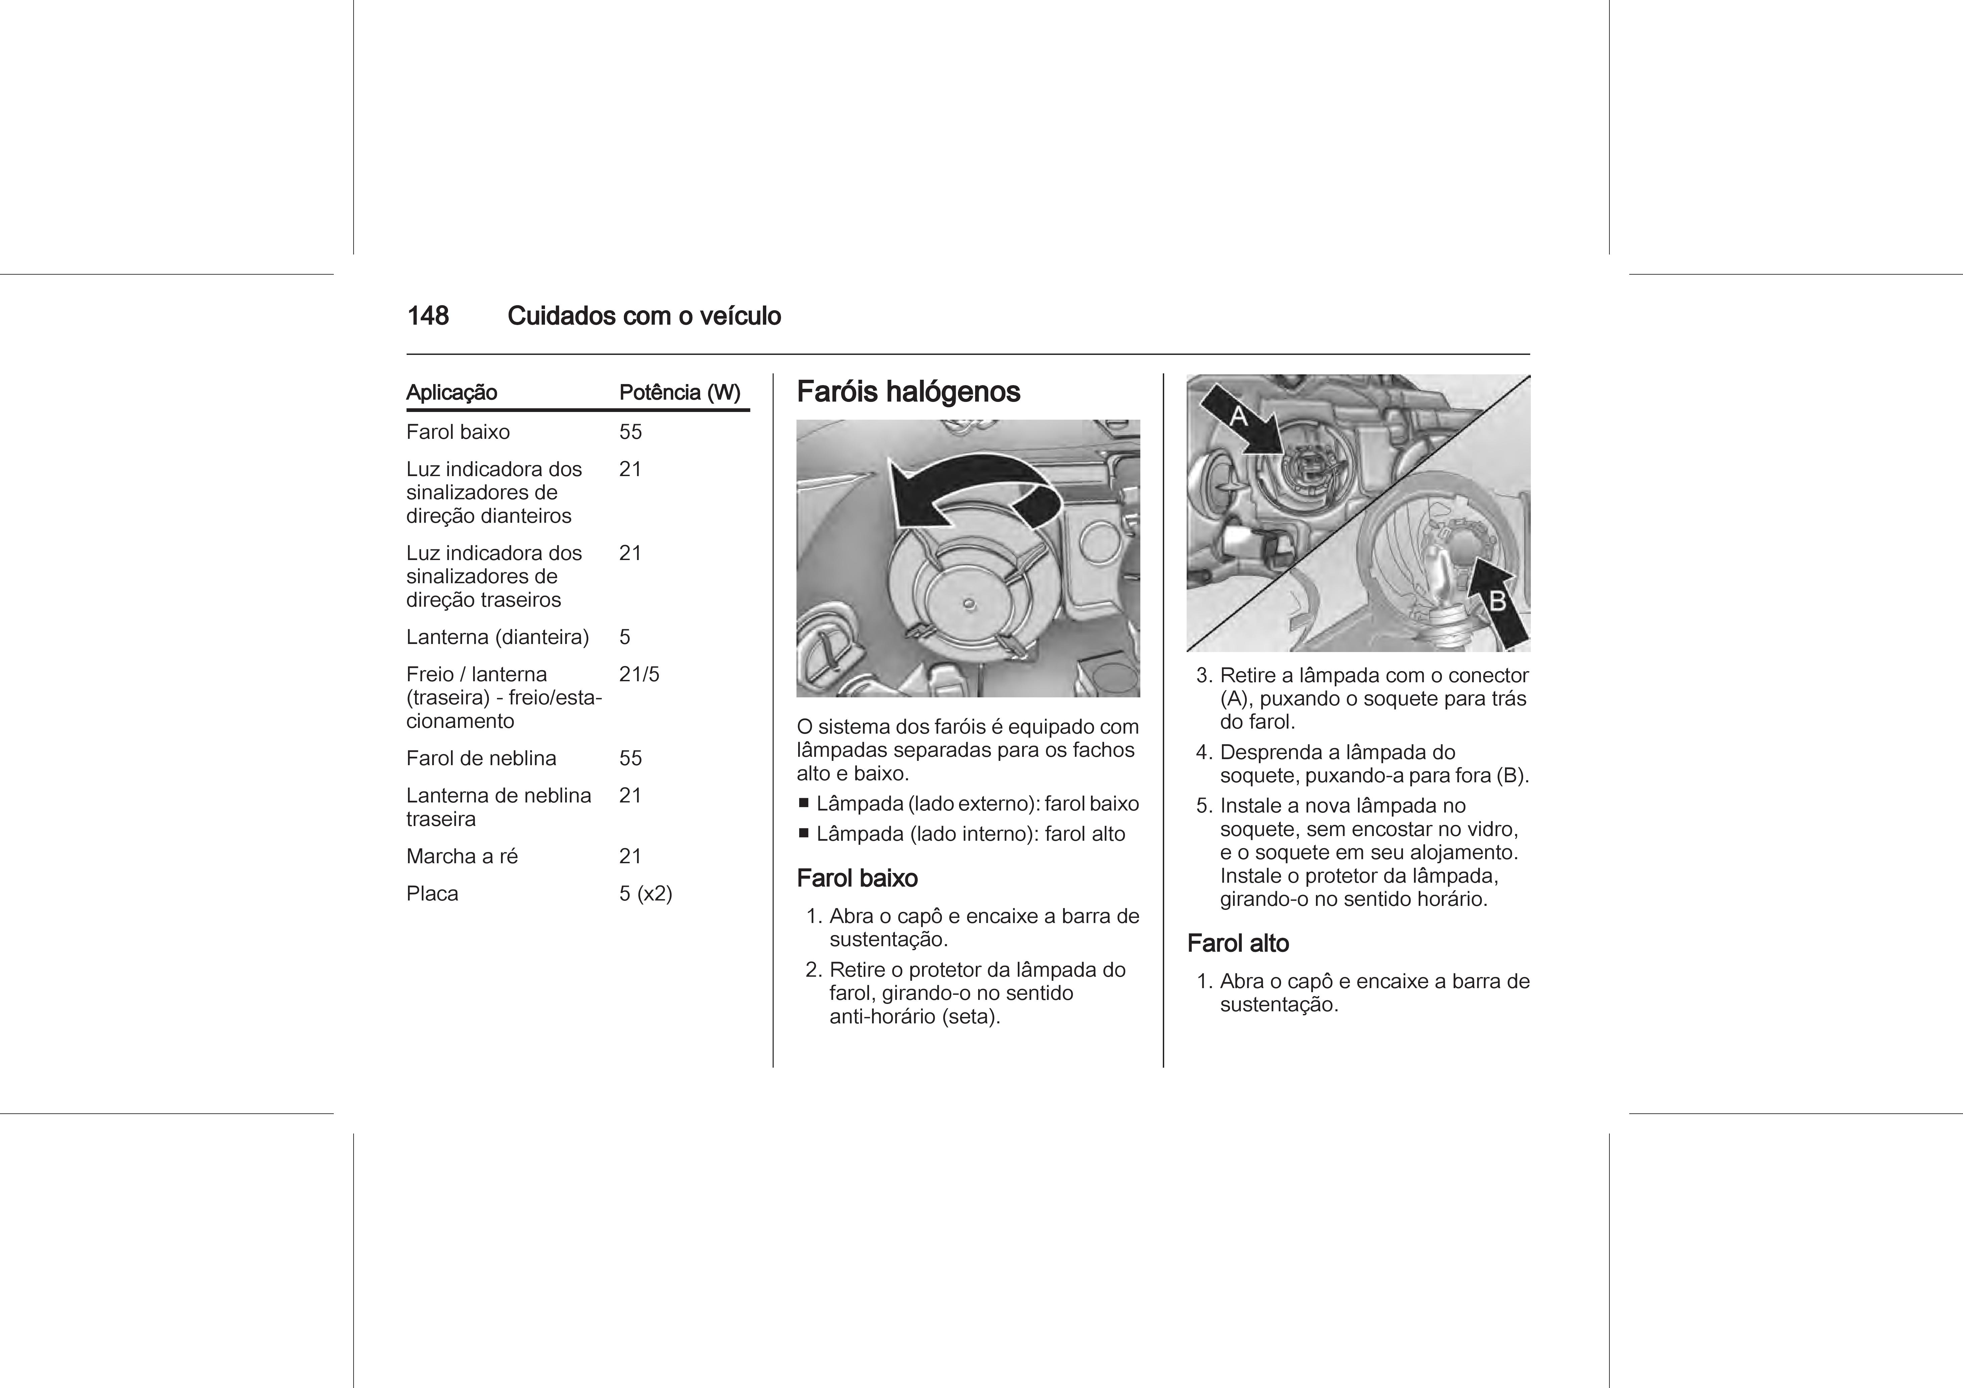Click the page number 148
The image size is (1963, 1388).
click(427, 316)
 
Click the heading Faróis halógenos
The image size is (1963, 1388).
click(908, 392)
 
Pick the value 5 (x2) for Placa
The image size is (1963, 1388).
click(645, 894)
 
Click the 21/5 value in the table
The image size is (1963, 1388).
click(639, 674)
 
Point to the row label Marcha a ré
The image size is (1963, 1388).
click(462, 857)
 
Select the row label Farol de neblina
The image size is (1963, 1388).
click(481, 758)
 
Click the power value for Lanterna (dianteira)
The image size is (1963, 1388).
click(625, 637)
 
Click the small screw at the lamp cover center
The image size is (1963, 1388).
click(969, 604)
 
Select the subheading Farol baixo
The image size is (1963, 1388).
click(857, 879)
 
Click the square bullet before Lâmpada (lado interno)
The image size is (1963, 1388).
click(804, 833)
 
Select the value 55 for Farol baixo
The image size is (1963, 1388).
click(630, 432)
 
